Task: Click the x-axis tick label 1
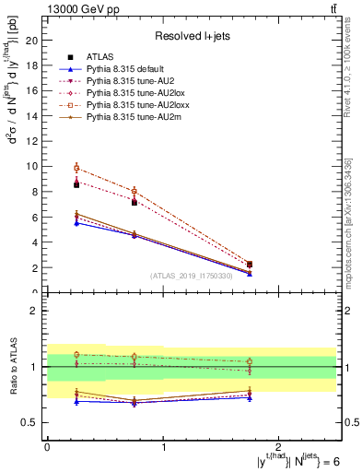[x=163, y=447]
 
